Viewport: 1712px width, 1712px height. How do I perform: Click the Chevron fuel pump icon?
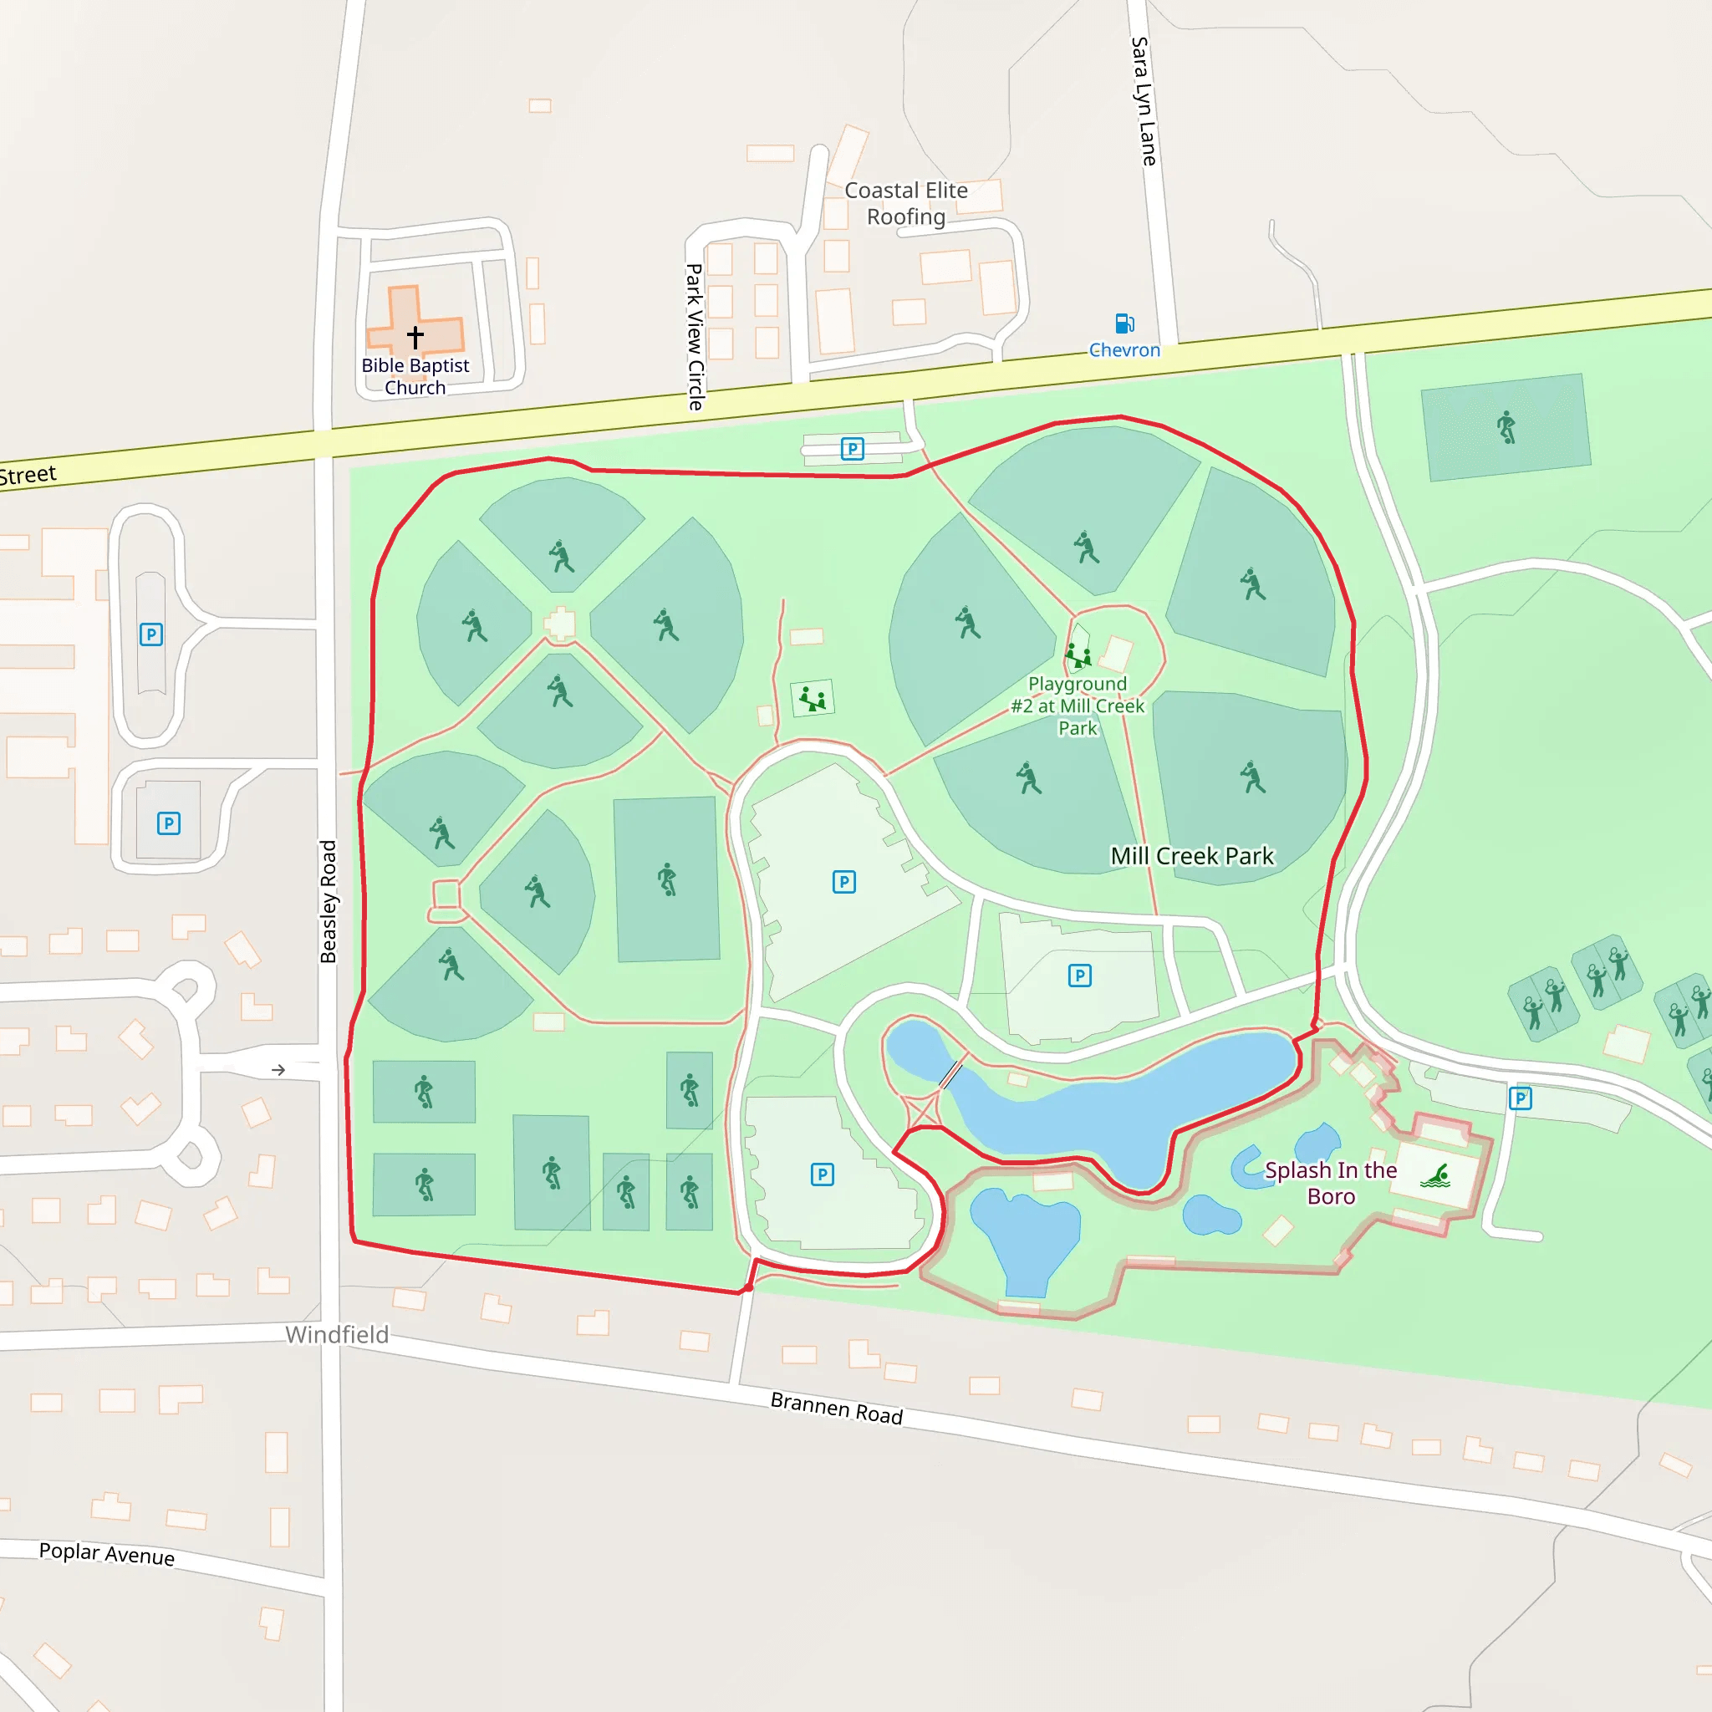[1124, 324]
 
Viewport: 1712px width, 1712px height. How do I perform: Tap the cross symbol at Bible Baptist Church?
[415, 337]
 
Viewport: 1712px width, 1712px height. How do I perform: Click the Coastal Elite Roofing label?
[905, 204]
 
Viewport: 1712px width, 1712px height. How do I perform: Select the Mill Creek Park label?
[1192, 856]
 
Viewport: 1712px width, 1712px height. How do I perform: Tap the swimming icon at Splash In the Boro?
[1435, 1177]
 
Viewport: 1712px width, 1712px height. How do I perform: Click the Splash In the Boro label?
[1330, 1183]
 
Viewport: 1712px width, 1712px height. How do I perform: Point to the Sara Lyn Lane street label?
[1143, 101]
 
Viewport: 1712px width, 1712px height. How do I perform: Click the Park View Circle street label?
[695, 337]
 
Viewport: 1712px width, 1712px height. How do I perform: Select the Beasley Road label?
[329, 901]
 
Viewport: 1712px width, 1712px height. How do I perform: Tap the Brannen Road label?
[837, 1408]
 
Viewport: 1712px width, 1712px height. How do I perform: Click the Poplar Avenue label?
[106, 1553]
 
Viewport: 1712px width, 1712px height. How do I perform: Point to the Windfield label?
[337, 1334]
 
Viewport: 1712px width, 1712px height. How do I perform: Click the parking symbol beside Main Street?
[852, 449]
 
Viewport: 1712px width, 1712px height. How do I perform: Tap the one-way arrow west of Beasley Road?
[278, 1071]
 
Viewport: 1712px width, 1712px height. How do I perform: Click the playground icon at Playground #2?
[1078, 656]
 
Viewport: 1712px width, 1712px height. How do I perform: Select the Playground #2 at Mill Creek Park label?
[1078, 706]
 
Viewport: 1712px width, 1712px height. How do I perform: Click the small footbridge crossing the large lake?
[950, 1075]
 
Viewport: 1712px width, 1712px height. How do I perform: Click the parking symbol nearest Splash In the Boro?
[1521, 1098]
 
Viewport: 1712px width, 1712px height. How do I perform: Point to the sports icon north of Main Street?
[1506, 427]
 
